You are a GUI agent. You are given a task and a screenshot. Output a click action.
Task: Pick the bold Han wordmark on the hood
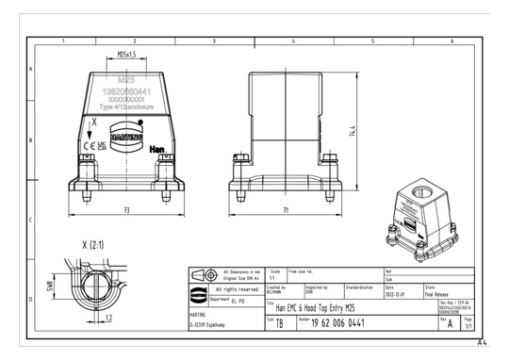point(158,148)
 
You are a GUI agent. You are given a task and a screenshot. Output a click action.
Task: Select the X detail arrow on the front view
point(91,129)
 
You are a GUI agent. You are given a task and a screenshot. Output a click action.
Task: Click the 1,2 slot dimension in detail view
point(109,318)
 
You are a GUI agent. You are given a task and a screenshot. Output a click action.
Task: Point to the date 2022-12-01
point(397,292)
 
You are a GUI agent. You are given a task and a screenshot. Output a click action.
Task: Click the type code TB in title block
point(278,322)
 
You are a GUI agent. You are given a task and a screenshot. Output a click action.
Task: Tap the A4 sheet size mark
point(483,342)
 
